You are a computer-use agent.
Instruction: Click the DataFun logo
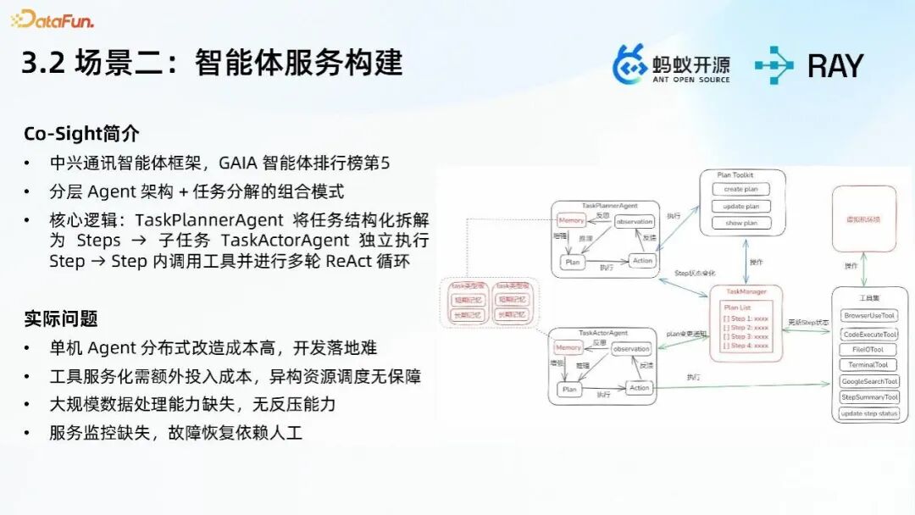[x=53, y=19]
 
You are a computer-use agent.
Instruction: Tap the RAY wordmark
[x=835, y=65]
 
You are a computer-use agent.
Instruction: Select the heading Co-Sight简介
[x=81, y=134]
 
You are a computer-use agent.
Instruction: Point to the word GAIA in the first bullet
[x=243, y=163]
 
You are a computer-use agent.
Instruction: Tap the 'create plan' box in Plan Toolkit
[x=740, y=189]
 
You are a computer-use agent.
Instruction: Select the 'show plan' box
[x=740, y=223]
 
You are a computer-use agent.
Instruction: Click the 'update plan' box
[x=740, y=206]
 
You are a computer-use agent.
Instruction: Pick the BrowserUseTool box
[x=869, y=315]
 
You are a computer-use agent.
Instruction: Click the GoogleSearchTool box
[x=869, y=381]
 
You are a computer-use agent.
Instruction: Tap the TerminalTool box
[x=869, y=365]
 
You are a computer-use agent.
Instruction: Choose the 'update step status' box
[x=869, y=413]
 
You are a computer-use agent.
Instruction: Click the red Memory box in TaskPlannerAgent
[x=572, y=220]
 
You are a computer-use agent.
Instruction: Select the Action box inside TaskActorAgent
[x=640, y=387]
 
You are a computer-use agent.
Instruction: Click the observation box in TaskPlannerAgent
[x=635, y=221]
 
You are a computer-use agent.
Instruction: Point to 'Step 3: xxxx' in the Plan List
[x=746, y=336]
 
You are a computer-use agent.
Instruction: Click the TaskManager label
[x=746, y=291]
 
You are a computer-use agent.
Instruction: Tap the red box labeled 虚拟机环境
[x=863, y=219]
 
